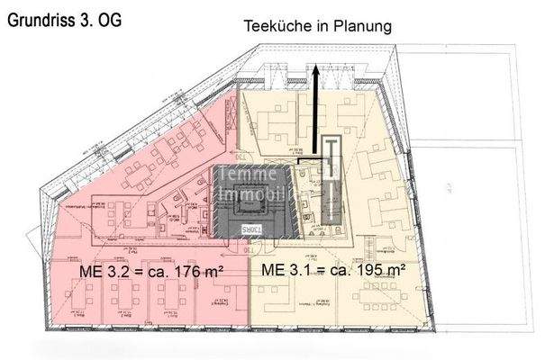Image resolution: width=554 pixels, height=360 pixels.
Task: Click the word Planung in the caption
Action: point(361,27)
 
